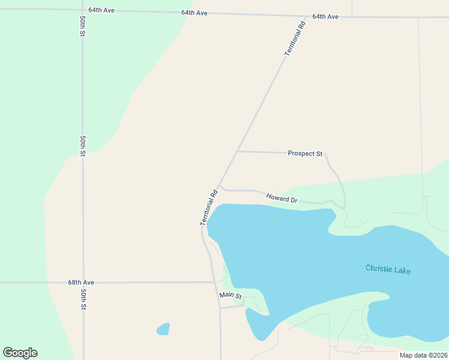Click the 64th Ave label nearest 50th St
pos(101,10)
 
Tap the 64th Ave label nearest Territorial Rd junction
pos(325,16)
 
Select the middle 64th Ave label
pos(194,13)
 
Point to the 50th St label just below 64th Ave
pos(82,25)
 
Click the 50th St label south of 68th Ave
pos(83,299)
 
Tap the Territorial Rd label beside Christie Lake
pos(208,208)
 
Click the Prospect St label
pos(305,153)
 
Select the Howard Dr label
pos(282,197)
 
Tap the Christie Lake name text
pos(388,269)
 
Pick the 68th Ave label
pos(81,282)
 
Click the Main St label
pos(230,295)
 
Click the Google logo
pos(20,353)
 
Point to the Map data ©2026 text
pos(423,355)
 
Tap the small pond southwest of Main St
pos(163,329)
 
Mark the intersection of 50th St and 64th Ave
pos(82,10)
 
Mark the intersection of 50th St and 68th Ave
pos(83,282)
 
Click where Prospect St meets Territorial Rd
pos(238,151)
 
